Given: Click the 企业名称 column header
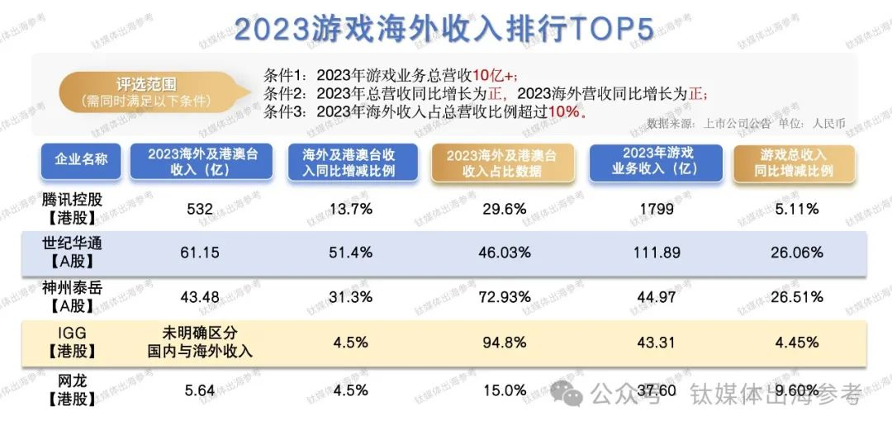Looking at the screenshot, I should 81,161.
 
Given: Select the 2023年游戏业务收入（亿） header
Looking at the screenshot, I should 656,161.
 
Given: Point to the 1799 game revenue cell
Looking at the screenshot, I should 656,210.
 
